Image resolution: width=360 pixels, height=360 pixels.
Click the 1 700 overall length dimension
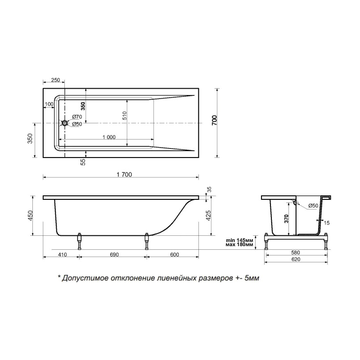[124, 175]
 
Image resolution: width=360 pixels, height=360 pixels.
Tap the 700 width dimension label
[214, 120]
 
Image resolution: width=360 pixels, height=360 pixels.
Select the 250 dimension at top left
[55, 80]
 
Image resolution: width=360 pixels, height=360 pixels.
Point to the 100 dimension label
[49, 104]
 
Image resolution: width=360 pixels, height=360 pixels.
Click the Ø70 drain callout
[77, 117]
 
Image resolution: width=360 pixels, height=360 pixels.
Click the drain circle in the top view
[64, 123]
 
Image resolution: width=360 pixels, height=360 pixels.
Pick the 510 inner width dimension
[124, 116]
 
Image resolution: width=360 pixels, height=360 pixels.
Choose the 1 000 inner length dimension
[109, 137]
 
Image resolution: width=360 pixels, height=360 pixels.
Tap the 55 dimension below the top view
[83, 162]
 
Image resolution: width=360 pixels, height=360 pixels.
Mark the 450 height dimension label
[31, 215]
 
